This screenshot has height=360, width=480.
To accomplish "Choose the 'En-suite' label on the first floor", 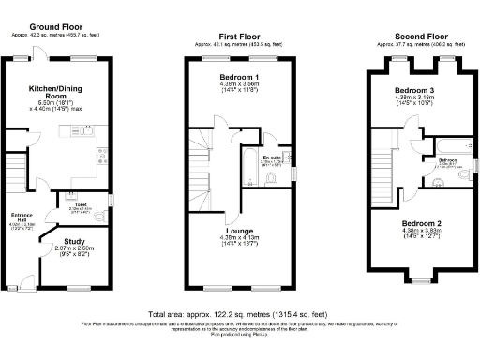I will pyautogui.click(x=274, y=157).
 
